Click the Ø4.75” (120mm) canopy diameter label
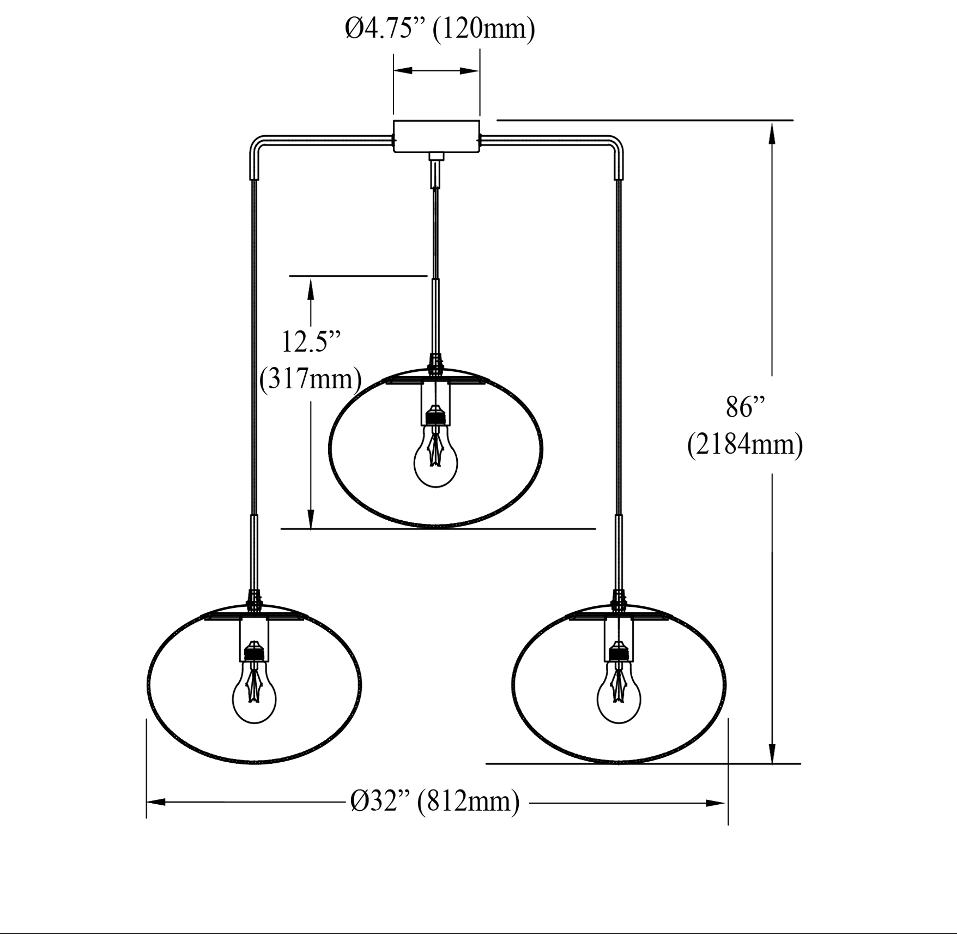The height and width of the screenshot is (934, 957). (440, 28)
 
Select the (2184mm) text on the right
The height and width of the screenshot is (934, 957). (745, 444)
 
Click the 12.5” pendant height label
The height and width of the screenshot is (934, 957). (311, 342)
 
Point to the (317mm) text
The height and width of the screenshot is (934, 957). (311, 378)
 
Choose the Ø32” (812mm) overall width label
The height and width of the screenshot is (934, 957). (435, 802)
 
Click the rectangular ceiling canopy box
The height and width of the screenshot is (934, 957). (437, 136)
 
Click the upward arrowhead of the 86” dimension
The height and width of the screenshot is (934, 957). (772, 134)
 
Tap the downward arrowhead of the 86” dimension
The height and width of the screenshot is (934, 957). (772, 751)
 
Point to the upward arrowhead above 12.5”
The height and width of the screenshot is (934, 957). (311, 289)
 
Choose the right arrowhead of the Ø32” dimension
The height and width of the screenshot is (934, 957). (715, 803)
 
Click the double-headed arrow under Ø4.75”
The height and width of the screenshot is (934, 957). (437, 70)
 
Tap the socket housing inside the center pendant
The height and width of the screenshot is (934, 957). (435, 403)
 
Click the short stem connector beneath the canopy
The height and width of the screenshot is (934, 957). (435, 170)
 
